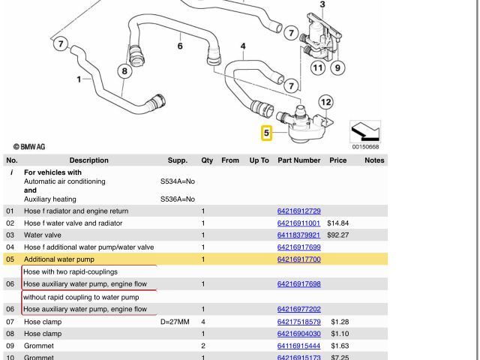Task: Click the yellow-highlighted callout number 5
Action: coord(266,134)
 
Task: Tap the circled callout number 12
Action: coord(325,102)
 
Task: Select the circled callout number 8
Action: coord(124,72)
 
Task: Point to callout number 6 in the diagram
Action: coord(180,46)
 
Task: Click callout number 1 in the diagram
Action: coord(79,79)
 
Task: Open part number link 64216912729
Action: coord(298,211)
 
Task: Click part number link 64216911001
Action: coord(298,223)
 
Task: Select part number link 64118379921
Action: coord(298,235)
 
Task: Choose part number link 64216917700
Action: coord(298,259)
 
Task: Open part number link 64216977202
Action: coord(298,309)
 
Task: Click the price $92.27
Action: coord(338,235)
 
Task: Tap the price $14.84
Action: coord(338,223)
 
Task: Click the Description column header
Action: coord(88,160)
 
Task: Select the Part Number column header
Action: coord(298,160)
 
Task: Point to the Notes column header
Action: coord(374,160)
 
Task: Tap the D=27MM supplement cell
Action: coord(176,322)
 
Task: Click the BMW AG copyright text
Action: coord(30,147)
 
